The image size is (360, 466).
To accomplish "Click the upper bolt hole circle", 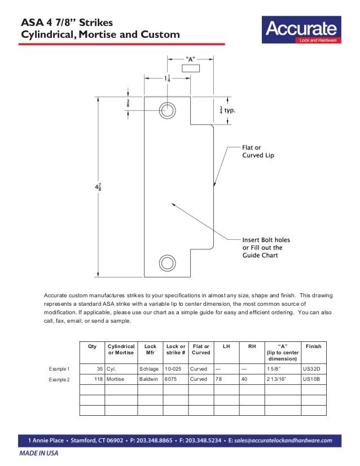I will (x=168, y=109).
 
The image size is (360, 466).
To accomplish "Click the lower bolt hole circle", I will (x=168, y=263).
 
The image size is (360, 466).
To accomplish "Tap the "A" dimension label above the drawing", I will (x=191, y=58).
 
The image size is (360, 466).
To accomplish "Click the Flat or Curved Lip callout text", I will (x=258, y=151).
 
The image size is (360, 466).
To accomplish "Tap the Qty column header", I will (x=92, y=346).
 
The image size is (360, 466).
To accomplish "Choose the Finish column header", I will (x=313, y=346).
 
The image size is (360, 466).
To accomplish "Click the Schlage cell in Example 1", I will (x=148, y=368).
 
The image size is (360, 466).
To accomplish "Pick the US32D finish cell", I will (x=311, y=368).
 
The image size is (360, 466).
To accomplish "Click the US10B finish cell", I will (x=311, y=379).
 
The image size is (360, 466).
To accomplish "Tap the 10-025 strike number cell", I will (x=173, y=368).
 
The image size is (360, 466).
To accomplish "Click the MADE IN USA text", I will (x=38, y=453).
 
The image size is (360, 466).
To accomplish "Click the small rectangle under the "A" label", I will (x=191, y=68).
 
